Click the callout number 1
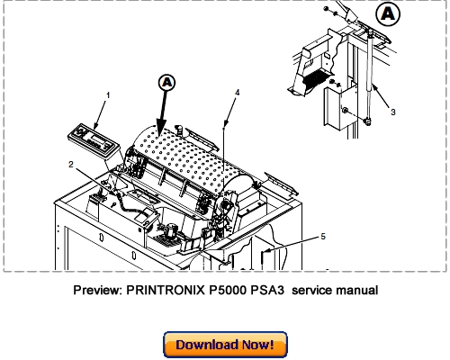(x=109, y=94)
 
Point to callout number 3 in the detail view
(x=391, y=112)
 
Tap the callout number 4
(x=237, y=93)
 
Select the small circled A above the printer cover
(x=166, y=83)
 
